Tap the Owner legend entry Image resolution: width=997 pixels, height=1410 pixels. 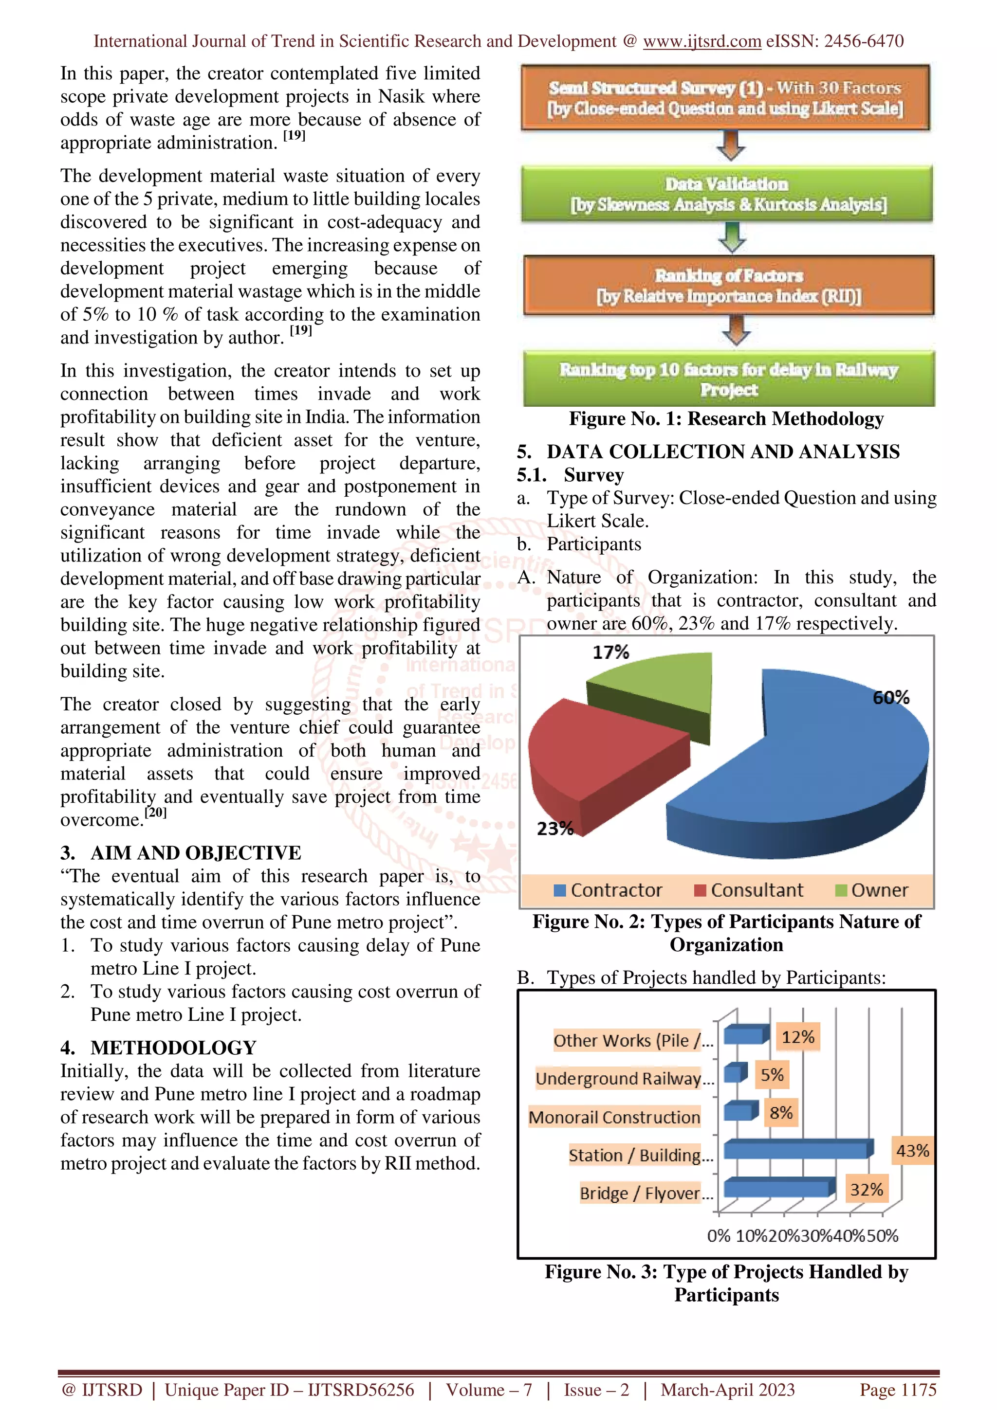tap(872, 890)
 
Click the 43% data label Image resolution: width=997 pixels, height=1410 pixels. tap(912, 1151)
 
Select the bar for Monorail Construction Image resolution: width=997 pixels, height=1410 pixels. tap(737, 1112)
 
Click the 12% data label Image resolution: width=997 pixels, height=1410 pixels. tap(797, 1037)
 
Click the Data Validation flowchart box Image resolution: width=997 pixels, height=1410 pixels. tap(727, 194)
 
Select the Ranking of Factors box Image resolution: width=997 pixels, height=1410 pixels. tap(729, 286)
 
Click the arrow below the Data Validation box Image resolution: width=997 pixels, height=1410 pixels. tap(732, 237)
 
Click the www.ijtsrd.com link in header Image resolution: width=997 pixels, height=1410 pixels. tap(702, 41)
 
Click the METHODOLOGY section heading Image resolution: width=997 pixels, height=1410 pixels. tap(173, 1048)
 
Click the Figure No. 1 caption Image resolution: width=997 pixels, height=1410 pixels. tap(726, 419)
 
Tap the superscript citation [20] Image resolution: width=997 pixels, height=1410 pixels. tap(155, 813)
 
